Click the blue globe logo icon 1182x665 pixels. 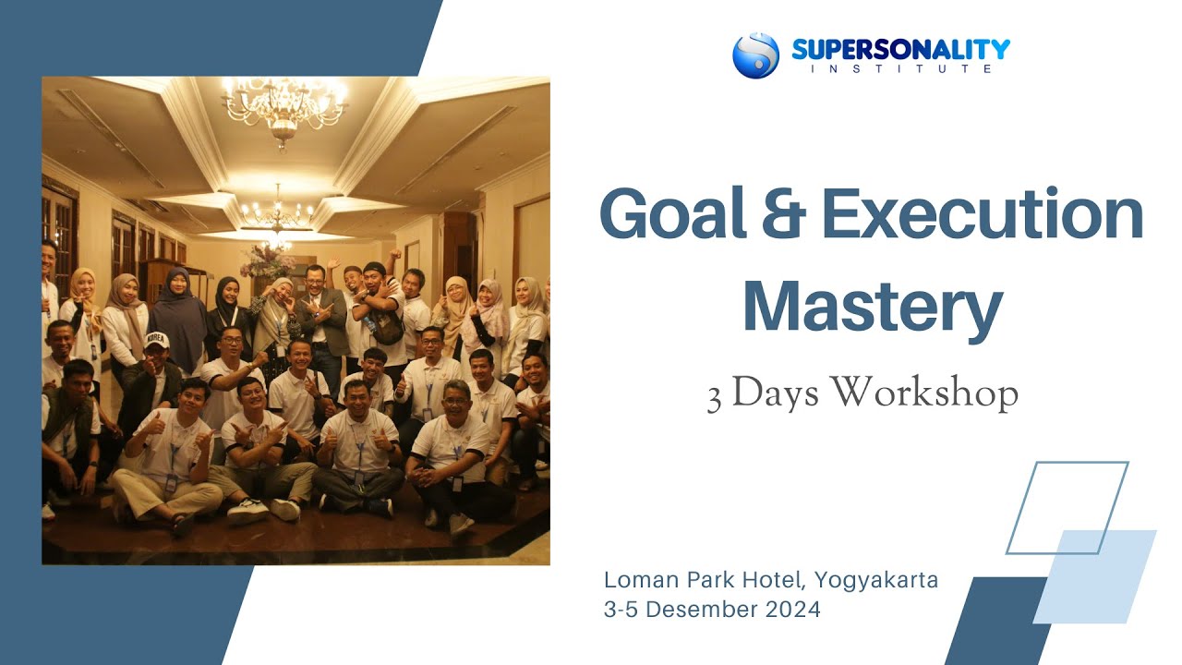coord(755,55)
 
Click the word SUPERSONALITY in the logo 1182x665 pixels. coord(900,49)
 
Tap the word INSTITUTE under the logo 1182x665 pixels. coord(900,69)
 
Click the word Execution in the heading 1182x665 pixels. coord(982,214)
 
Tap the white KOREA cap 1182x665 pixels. coord(155,339)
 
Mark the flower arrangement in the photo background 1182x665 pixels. coord(267,260)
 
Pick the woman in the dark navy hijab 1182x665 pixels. coord(177,319)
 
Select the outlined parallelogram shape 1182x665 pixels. coord(1067,507)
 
